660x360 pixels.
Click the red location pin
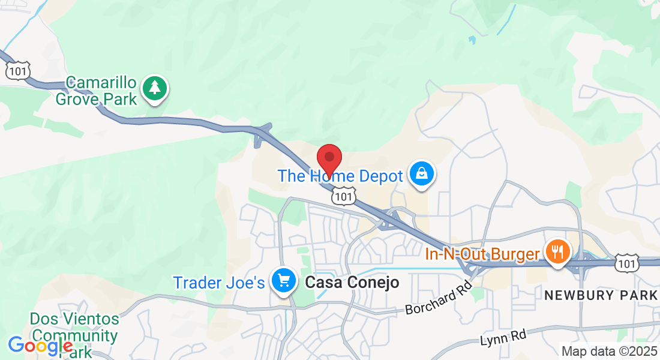pos(329,159)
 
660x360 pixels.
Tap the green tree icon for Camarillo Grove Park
pos(155,88)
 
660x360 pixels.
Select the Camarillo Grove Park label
pos(97,91)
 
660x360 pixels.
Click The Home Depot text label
pos(340,176)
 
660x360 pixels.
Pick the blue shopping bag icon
pos(422,174)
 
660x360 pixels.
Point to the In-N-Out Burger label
pos(482,254)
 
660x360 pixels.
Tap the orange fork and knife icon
pos(558,251)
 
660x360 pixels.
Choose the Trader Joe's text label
pos(218,282)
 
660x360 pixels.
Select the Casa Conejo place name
pos(352,283)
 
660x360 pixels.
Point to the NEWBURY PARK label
pos(601,295)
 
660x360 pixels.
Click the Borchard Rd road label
pos(439,301)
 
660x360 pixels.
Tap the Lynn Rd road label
pos(503,338)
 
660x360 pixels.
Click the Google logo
pos(40,346)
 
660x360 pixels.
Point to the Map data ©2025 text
pos(609,351)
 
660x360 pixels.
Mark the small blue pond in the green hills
pos(472,40)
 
